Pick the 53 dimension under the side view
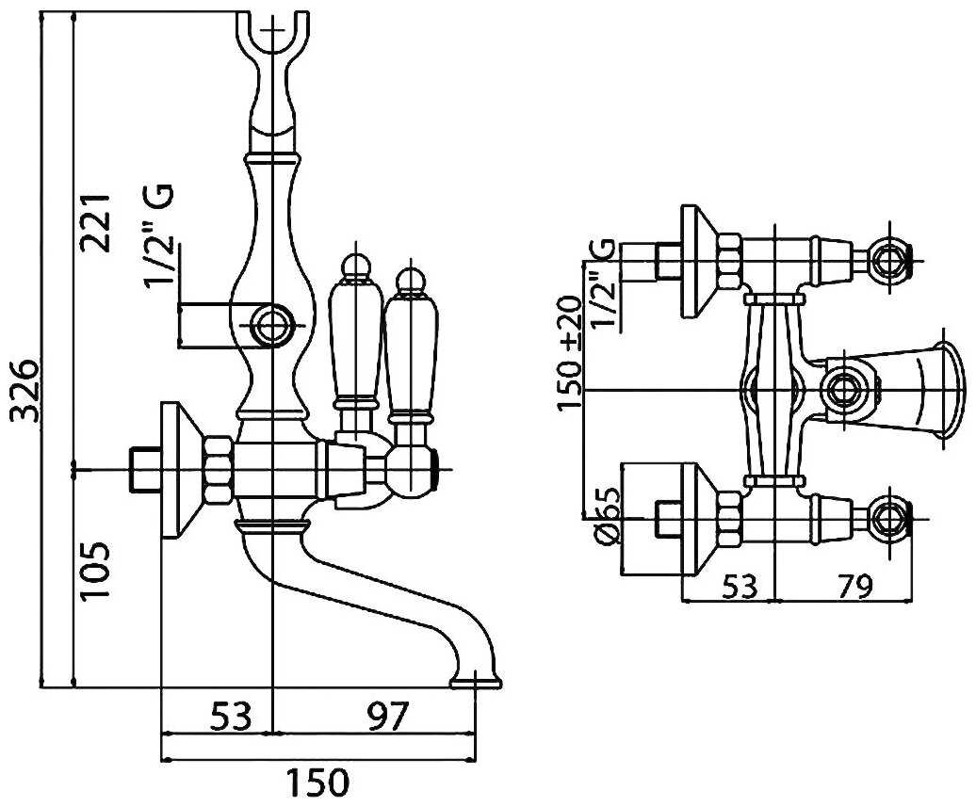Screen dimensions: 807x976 point(229,719)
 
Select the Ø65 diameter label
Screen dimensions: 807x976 point(606,516)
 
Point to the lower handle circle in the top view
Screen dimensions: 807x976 point(890,515)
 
